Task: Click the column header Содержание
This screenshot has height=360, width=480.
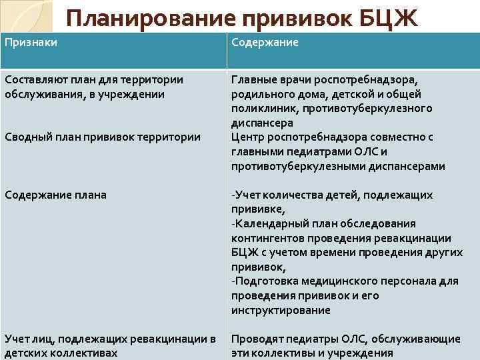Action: pos(265,43)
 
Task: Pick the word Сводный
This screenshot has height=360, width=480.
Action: pos(26,137)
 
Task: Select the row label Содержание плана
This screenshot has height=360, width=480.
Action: pos(55,195)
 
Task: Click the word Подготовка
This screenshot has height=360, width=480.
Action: pos(266,281)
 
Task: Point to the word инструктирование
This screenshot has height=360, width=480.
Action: pos(281,310)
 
